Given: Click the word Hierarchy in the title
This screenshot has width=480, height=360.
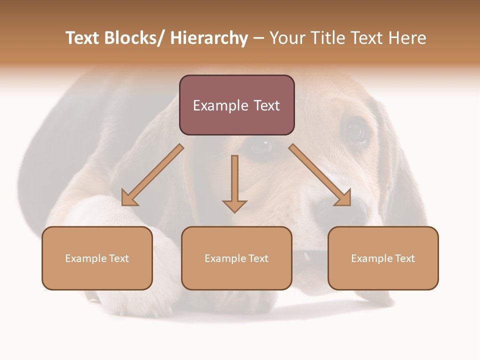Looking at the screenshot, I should (209, 38).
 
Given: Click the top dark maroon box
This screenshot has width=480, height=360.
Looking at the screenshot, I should (236, 105).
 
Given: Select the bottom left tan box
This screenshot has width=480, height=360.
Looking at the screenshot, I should (97, 258).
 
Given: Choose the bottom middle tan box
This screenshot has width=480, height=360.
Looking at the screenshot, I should (236, 258).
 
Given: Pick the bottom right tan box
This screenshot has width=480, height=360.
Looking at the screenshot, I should (383, 258).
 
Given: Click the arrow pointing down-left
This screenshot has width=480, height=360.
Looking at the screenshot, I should (152, 175).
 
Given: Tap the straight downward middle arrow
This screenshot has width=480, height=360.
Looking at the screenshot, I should (234, 182).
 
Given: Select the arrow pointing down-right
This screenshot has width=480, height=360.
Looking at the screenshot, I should (320, 175).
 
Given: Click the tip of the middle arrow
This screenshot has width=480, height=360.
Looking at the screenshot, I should (234, 211).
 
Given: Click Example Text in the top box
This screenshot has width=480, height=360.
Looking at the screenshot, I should (236, 105).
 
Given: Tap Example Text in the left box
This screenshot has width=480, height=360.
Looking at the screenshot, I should (97, 258).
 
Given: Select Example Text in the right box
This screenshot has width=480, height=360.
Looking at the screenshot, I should (383, 258).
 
